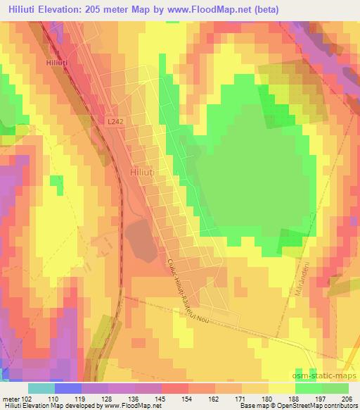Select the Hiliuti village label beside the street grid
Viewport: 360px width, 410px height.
[144, 171]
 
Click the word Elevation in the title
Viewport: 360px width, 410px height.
[60, 9]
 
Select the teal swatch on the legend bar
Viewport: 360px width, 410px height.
[41, 388]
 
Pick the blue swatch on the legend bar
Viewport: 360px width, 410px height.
[67, 388]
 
